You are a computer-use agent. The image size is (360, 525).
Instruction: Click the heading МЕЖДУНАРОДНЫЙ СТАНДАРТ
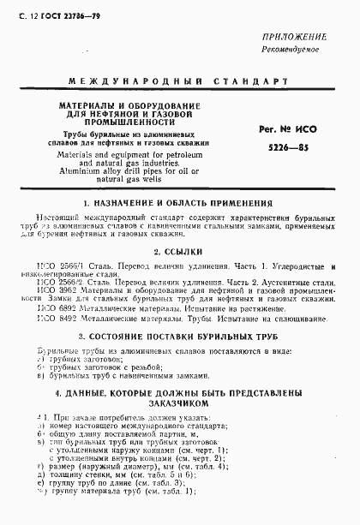(x=180, y=82)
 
